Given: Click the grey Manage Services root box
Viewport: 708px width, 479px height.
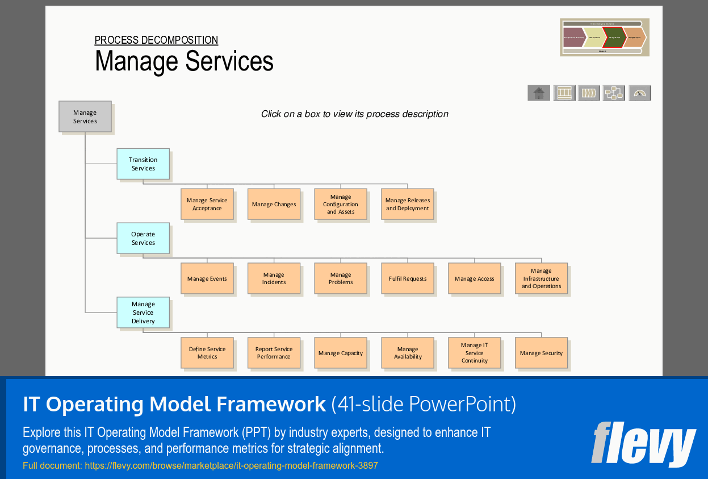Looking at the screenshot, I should click(x=85, y=116).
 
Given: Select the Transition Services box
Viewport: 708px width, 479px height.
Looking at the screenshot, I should click(x=143, y=164).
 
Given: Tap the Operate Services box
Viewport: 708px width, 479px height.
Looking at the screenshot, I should click(x=143, y=238).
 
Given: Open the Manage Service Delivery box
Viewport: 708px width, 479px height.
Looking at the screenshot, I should click(x=143, y=313).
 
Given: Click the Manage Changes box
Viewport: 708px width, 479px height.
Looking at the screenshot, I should click(x=274, y=204).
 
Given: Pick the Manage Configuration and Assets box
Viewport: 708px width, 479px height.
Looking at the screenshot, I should click(x=341, y=204).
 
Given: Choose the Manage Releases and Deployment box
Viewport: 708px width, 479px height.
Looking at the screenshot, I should click(x=408, y=204).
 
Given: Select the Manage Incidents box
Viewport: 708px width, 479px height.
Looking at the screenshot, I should click(x=274, y=278).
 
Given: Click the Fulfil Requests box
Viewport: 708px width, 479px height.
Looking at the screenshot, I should click(x=408, y=278).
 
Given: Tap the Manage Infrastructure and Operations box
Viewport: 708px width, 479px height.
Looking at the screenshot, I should click(x=541, y=278).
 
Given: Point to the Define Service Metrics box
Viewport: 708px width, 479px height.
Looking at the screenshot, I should click(x=207, y=353).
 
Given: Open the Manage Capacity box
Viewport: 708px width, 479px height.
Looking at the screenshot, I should click(x=341, y=353).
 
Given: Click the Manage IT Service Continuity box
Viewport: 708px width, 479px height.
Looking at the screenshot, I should click(x=474, y=353).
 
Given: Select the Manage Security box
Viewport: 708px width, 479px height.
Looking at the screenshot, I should click(x=541, y=353).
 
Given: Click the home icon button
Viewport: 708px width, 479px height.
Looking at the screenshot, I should click(x=539, y=93).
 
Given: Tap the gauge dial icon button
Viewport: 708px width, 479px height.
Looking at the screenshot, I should click(x=640, y=93).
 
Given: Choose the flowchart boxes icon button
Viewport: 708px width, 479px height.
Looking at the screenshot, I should click(x=614, y=93).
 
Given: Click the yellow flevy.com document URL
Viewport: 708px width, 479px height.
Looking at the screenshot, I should click(x=200, y=466).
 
